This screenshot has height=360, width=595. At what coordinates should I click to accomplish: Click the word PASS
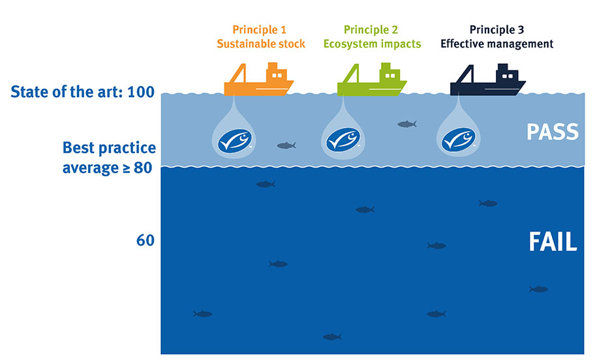[x=553, y=132]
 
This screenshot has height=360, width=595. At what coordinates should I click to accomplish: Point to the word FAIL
[x=553, y=242]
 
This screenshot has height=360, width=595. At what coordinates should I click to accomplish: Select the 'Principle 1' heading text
[x=259, y=30]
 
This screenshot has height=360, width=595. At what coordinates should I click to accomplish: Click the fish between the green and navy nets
[x=406, y=124]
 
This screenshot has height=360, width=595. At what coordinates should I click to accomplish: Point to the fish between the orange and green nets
[x=286, y=145]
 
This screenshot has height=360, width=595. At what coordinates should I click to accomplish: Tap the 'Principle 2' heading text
[x=372, y=30]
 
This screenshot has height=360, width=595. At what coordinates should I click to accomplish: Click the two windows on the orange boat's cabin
[x=277, y=75]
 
